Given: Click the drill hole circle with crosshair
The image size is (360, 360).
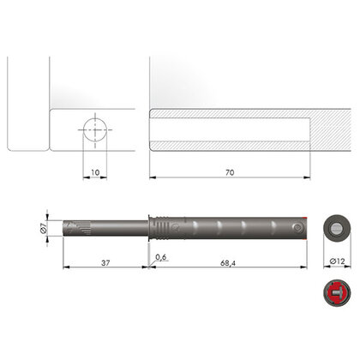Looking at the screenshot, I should click(94, 130).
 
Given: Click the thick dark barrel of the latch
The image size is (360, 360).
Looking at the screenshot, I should click(231, 228).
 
